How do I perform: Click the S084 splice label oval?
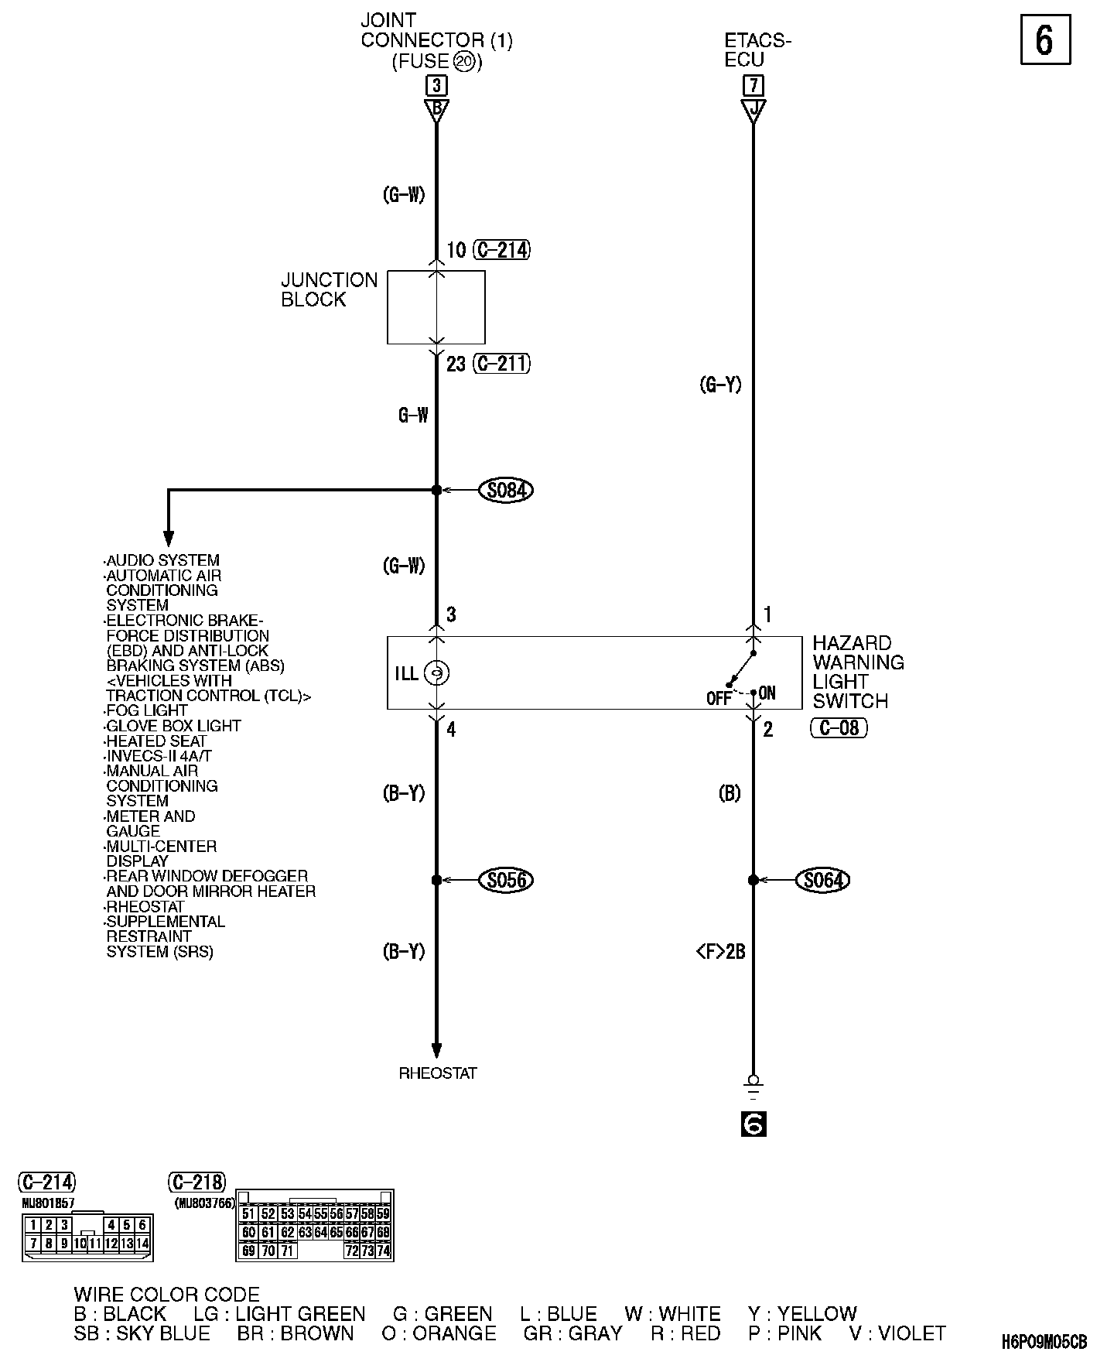(507, 490)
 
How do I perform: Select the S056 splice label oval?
(507, 880)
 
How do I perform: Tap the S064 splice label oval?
(823, 880)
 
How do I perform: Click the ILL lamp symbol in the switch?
(437, 673)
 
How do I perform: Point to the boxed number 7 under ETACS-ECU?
(753, 85)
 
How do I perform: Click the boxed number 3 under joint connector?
(436, 85)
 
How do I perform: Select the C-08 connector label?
(839, 728)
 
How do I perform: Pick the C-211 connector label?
(501, 364)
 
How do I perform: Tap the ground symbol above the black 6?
(753, 1087)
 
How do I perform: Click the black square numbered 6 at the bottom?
(753, 1123)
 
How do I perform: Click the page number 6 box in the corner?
(1044, 40)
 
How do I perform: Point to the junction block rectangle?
(436, 307)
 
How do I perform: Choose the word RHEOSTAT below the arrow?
(438, 1073)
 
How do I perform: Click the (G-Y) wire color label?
(720, 385)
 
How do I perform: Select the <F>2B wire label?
(720, 952)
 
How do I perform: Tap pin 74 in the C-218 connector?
(383, 1250)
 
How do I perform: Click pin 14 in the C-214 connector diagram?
(142, 1244)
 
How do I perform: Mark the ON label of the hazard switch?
(767, 693)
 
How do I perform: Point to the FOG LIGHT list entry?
(147, 710)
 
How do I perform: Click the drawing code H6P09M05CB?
(1044, 1340)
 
